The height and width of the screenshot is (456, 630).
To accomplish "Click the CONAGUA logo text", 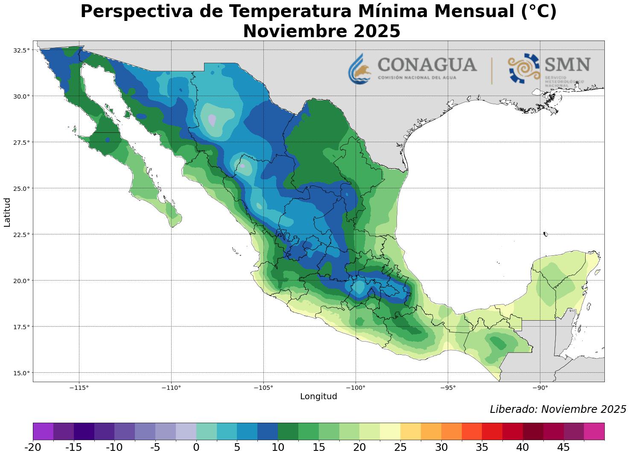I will [x=427, y=65].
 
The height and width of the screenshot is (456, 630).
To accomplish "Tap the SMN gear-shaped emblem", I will [x=524, y=68].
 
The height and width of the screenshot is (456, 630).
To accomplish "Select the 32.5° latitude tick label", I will [x=22, y=50].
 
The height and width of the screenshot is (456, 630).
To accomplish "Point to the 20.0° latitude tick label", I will [x=22, y=281].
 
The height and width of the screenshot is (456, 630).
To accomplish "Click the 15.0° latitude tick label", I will [x=22, y=373].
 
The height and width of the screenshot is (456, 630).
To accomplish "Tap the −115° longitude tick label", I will [x=79, y=388].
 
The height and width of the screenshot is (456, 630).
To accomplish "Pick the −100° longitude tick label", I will [x=356, y=388].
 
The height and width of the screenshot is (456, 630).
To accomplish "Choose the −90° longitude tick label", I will [x=540, y=388].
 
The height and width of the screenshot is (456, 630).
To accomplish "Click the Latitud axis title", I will [x=7, y=212].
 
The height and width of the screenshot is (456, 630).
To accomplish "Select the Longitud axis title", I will [x=318, y=397].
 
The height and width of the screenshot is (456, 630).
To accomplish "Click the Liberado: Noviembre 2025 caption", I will [x=557, y=409].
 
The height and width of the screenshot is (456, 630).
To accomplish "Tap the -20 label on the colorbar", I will [x=33, y=447].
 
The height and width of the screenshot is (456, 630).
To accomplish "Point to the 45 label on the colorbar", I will [x=563, y=447].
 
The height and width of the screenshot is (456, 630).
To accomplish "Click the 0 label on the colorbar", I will [x=196, y=447].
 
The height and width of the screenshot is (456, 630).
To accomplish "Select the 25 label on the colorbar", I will [x=400, y=447].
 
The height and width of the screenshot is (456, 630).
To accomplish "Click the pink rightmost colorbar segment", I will [x=594, y=431].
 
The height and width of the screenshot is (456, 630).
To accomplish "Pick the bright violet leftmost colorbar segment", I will [x=43, y=431].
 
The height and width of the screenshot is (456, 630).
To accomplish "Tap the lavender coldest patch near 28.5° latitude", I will [x=212, y=120].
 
